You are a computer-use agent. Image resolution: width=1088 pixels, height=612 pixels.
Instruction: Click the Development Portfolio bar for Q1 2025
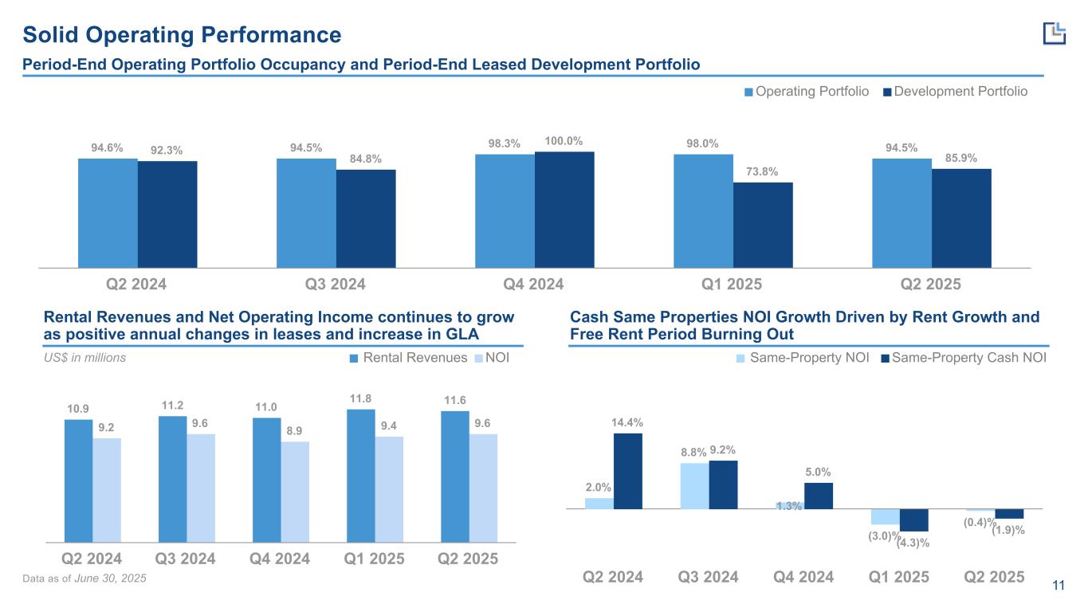(763, 225)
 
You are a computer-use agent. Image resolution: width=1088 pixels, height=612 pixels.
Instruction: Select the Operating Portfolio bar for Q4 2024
(505, 210)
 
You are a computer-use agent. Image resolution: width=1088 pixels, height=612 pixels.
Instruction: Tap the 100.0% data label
(564, 142)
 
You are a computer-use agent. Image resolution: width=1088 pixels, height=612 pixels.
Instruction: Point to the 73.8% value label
(763, 172)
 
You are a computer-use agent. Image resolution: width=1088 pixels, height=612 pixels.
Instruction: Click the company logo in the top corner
(1054, 33)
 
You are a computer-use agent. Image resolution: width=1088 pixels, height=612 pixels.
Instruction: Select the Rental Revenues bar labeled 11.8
(360, 475)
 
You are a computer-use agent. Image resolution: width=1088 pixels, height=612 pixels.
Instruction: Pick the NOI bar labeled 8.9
(295, 491)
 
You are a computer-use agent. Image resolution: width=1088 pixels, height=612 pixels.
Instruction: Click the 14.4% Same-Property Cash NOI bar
(628, 470)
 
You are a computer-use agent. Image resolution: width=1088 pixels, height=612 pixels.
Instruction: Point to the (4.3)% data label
(913, 543)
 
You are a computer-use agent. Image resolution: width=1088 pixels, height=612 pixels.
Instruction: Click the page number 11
(1059, 587)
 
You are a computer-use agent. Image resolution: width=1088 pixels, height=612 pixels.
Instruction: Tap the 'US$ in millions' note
(84, 358)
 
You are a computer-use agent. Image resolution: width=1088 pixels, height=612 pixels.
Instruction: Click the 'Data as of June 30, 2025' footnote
(95, 578)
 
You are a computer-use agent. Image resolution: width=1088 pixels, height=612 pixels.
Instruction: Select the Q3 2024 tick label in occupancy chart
(336, 284)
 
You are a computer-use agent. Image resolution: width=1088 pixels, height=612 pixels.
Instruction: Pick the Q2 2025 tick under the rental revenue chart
(468, 559)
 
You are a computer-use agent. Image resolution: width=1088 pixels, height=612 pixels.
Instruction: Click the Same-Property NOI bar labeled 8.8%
(694, 485)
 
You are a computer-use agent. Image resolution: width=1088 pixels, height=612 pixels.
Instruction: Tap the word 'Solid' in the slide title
(52, 35)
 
